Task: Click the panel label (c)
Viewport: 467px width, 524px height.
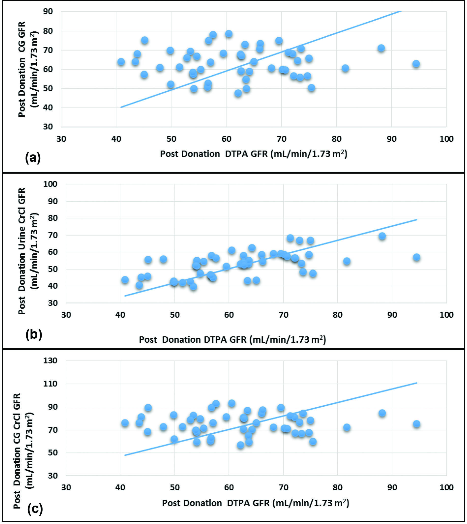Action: coord(35,509)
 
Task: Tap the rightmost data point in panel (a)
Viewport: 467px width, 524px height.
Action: coord(416,64)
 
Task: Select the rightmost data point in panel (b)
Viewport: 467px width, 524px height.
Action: coord(416,257)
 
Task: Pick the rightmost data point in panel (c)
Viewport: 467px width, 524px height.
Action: coord(416,424)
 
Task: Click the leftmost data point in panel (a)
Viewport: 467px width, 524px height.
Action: coord(121,62)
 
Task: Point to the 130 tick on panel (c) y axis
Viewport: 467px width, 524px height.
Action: coord(50,360)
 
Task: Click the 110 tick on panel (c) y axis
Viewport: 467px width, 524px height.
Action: coord(50,384)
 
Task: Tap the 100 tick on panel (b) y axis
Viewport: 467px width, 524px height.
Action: coord(50,184)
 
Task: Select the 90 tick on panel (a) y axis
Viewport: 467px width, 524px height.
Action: coord(48,11)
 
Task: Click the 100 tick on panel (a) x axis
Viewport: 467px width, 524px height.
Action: coord(446,139)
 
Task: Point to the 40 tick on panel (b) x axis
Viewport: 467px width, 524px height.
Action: coord(120,315)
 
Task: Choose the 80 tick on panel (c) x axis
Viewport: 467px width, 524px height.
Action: coord(337,487)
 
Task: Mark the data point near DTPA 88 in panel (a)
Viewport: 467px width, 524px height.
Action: coord(381,48)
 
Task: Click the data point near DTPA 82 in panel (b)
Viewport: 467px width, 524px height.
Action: coord(347,261)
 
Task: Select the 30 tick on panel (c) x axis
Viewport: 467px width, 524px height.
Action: coord(66,487)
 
